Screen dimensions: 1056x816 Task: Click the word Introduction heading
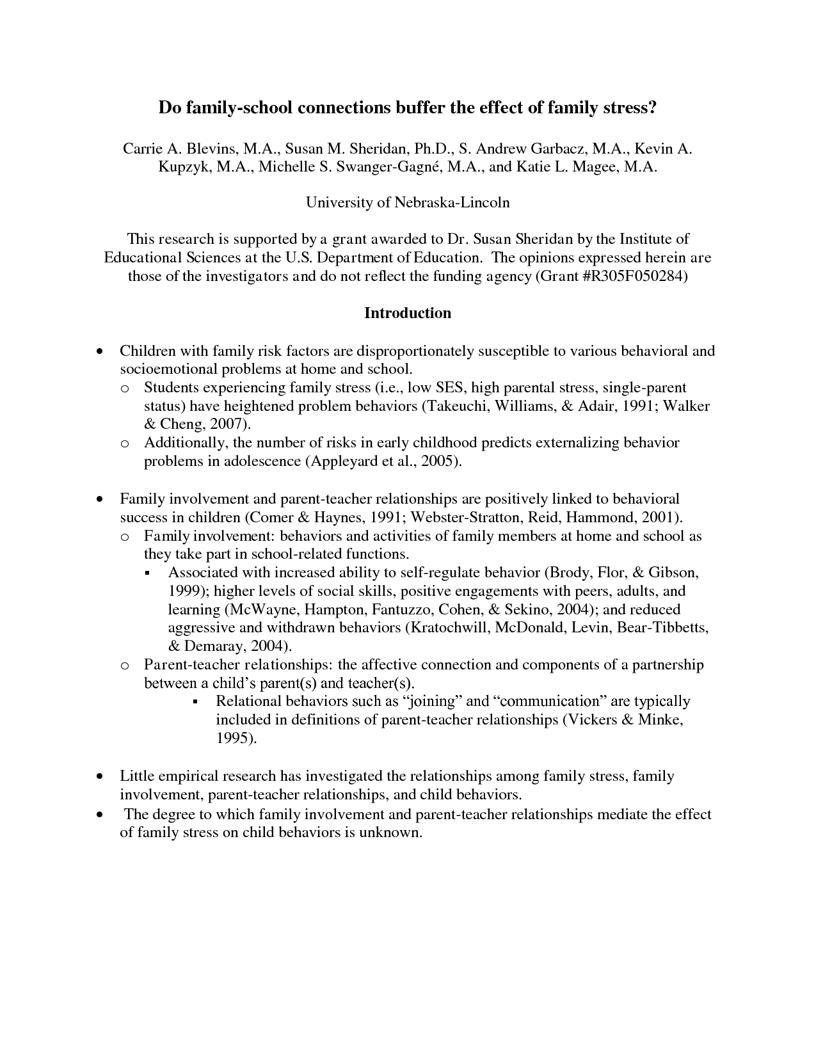tap(408, 313)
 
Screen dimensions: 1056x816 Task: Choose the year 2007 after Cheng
tap(227, 424)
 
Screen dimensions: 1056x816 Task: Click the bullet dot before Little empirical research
tap(99, 777)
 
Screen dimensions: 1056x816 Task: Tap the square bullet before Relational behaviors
tap(195, 702)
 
